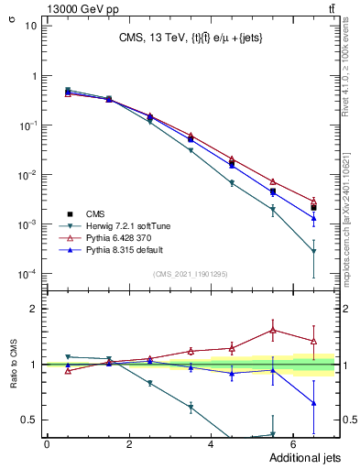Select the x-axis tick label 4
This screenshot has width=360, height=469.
coord(212,443)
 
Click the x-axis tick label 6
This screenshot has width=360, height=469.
coord(293,443)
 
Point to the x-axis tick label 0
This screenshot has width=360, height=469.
coord(47,443)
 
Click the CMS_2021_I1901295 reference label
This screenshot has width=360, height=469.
coord(191,274)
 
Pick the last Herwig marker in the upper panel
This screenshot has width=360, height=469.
coord(314,251)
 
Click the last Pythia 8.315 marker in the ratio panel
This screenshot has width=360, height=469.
coord(314,402)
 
